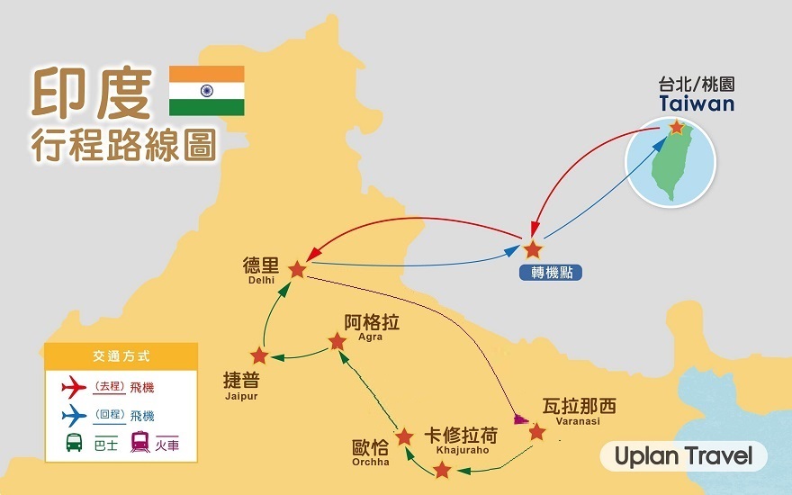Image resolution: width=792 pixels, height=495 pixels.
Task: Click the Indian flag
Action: click(207, 91)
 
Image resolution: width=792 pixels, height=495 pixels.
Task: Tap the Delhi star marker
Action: click(298, 270)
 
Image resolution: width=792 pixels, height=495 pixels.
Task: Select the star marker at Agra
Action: click(337, 342)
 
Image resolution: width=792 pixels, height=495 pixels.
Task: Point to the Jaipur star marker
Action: click(259, 355)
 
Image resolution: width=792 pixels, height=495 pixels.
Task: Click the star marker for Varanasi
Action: click(537, 432)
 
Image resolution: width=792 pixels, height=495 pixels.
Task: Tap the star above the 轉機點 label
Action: click(533, 249)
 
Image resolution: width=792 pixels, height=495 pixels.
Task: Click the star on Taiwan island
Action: click(676, 127)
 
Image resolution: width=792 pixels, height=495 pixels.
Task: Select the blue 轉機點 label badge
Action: click(551, 273)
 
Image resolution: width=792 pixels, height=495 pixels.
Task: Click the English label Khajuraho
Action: click(463, 450)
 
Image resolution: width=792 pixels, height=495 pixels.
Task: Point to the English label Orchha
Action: click(371, 463)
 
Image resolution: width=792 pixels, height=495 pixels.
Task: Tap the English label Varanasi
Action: click(578, 421)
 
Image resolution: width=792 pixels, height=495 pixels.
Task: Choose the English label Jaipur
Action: click(241, 396)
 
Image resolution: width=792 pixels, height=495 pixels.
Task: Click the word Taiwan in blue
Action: click(697, 103)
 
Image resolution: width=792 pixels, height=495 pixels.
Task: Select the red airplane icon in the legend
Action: click(74, 387)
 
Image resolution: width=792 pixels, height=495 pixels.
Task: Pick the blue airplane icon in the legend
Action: click(74, 416)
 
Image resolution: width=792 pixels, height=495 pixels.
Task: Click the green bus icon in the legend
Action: click(74, 443)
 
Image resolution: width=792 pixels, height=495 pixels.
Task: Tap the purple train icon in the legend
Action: click(139, 442)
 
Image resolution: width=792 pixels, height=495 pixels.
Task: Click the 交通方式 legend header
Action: click(121, 356)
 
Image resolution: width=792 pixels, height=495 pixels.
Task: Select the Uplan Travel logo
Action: click(683, 456)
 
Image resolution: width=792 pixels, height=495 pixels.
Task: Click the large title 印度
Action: click(92, 94)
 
